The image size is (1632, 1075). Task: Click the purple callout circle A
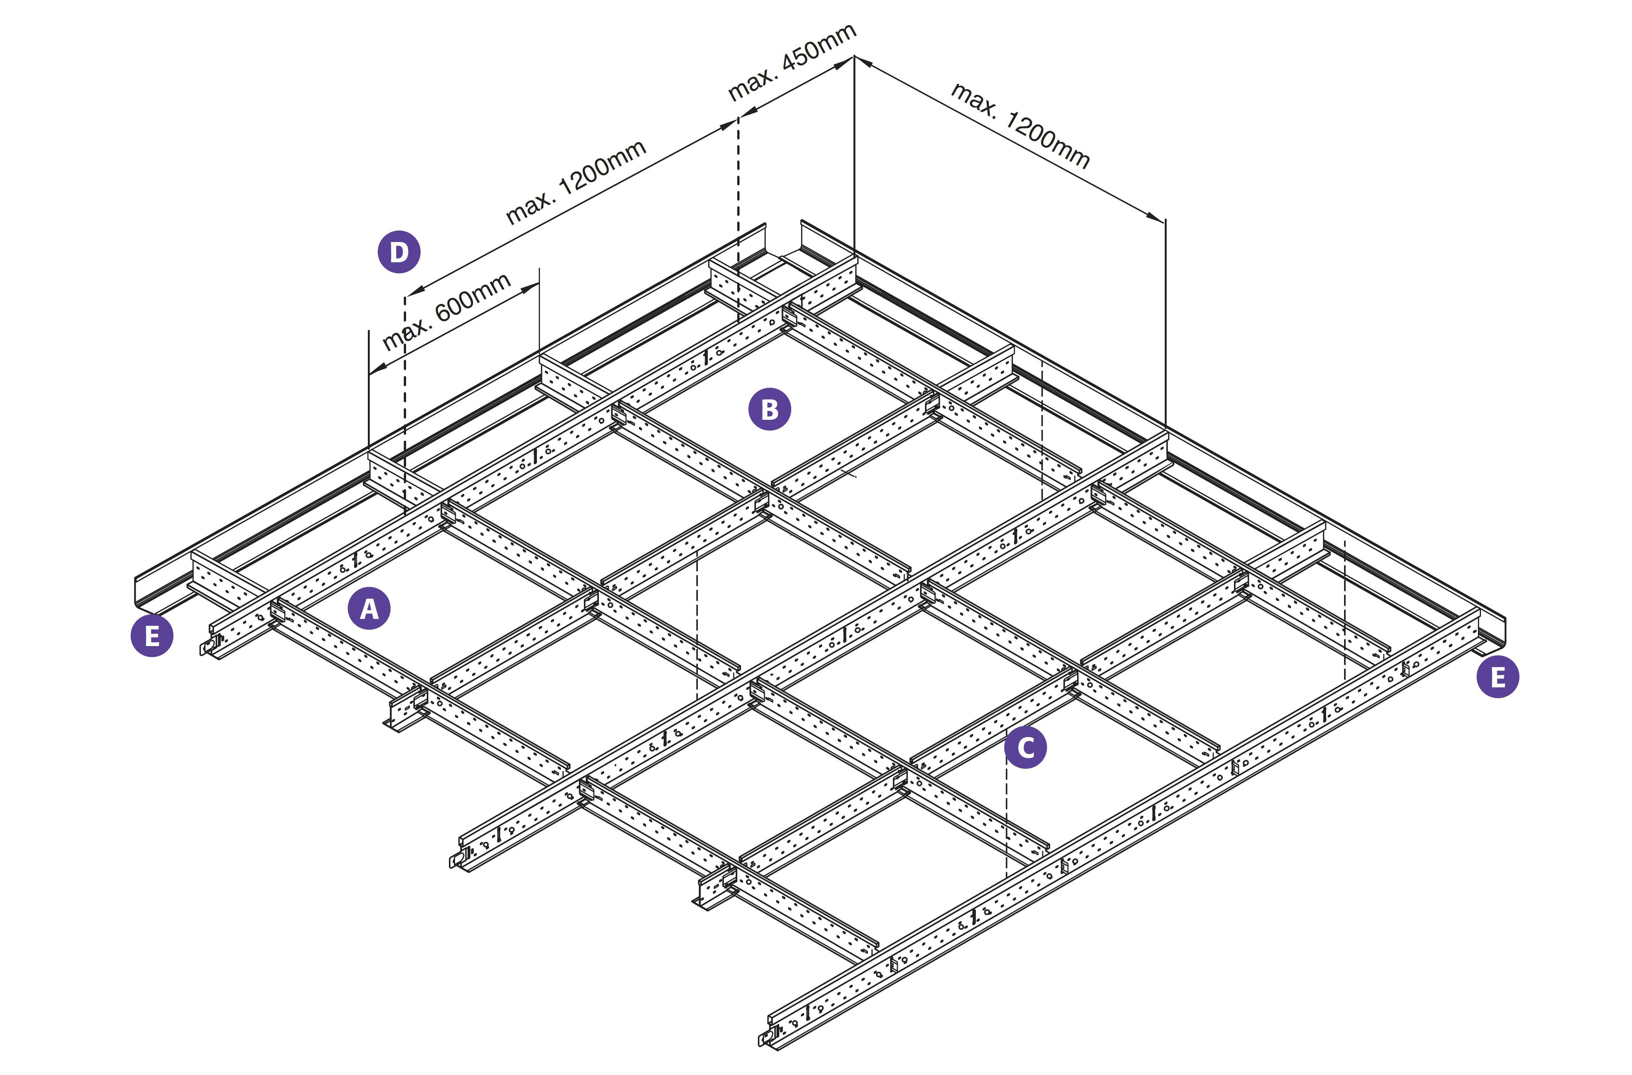pos(369,608)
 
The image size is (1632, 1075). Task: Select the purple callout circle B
pos(769,409)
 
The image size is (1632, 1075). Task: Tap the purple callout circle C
pos(1025,747)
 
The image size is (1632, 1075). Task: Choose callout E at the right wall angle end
pos(1498,677)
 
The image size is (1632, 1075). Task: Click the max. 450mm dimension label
pos(792,62)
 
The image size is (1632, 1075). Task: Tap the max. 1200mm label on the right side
pos(1020,125)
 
